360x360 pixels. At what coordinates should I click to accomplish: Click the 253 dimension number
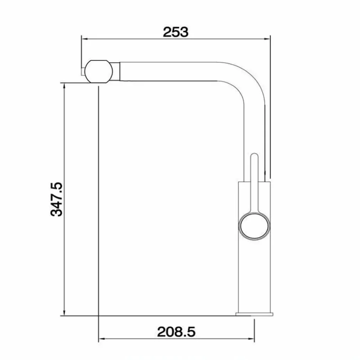175,32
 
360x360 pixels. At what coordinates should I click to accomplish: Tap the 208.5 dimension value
176,332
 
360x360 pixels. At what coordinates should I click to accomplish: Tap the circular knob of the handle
254,226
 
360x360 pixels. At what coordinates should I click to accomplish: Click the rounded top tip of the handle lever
254,157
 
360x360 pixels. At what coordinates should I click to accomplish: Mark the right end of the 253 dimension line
270,39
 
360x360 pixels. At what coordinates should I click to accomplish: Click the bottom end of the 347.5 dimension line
64,315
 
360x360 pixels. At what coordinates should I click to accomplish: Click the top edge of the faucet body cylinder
254,181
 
